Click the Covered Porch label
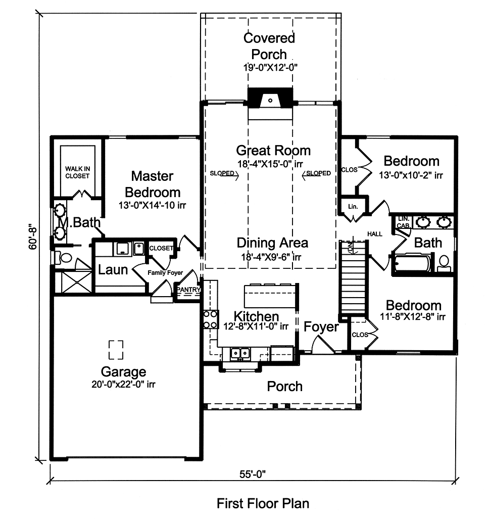click(269, 46)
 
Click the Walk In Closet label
click(77, 172)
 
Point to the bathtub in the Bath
click(412, 263)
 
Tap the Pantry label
click(188, 290)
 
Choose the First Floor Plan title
click(263, 503)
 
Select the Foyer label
click(321, 327)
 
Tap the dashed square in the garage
click(116, 349)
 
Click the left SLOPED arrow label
click(223, 173)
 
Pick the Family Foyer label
click(165, 273)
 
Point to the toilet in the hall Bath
click(444, 262)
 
